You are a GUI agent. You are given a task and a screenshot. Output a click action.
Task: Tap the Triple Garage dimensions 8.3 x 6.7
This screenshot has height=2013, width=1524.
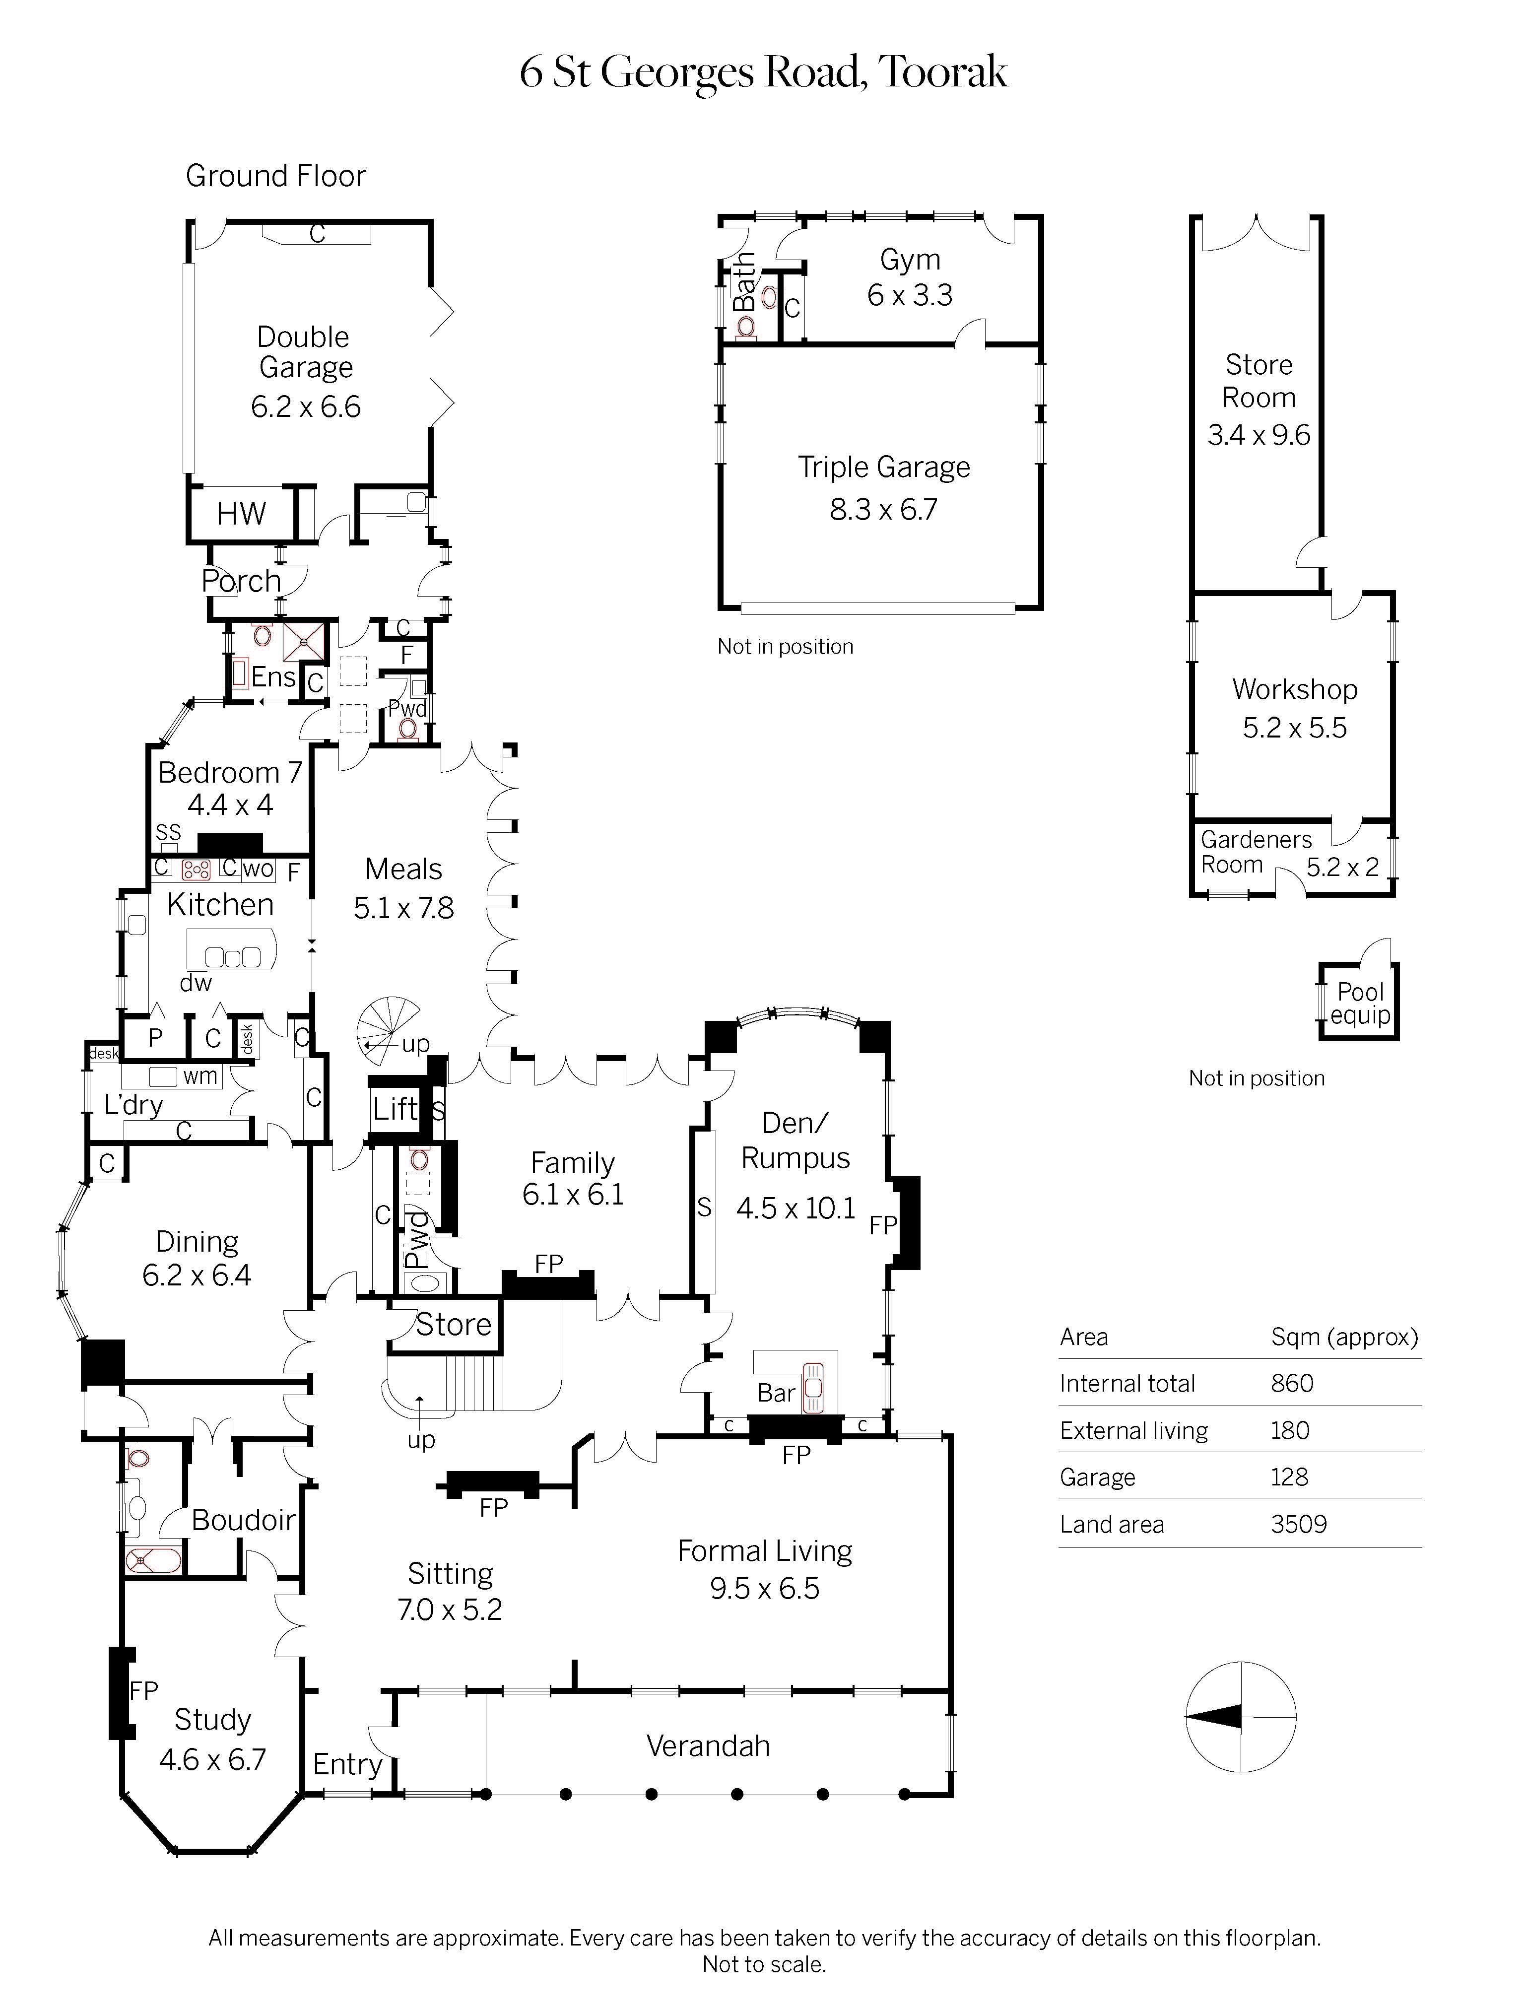882,510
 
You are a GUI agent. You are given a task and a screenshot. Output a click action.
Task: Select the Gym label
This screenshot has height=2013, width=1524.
910,260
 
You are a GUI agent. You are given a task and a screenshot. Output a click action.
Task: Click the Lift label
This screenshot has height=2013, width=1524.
396,1108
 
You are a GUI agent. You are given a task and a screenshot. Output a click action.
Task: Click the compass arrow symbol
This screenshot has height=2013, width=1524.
1215,1717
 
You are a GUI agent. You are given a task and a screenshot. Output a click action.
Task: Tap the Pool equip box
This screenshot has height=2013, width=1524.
1359,1003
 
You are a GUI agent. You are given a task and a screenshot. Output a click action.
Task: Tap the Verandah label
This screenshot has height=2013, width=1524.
708,1745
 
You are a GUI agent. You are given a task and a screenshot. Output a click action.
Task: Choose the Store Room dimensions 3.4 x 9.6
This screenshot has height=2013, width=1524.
1259,435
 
